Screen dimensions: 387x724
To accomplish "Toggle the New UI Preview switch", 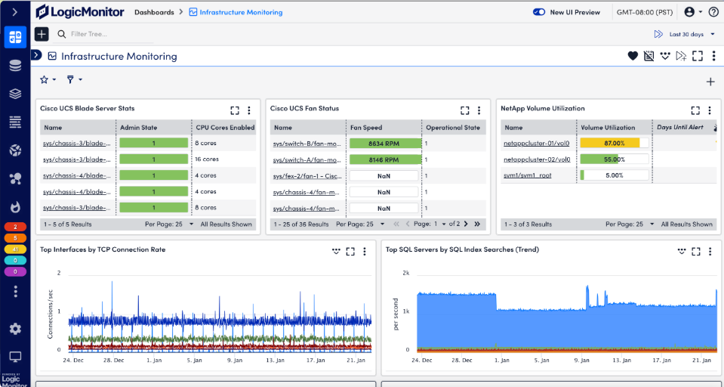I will (539, 12).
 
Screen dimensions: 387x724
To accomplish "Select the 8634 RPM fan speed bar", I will (384, 143).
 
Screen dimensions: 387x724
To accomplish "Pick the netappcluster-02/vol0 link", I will (537, 159).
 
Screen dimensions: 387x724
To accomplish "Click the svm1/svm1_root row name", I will (528, 175).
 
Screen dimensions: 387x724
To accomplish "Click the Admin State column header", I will (138, 128).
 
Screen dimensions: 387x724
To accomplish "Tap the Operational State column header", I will (452, 128).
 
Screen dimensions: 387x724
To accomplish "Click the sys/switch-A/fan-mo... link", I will (306, 159).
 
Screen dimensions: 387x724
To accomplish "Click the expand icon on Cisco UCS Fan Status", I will (465, 110).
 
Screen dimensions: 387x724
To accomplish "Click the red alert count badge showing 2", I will (15, 227).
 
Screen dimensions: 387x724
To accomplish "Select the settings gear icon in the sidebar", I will (15, 329).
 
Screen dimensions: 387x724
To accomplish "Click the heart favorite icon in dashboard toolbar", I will (633, 56).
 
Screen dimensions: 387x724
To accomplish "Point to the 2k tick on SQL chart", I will (405, 273).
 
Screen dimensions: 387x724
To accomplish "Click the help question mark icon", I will (713, 12).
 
